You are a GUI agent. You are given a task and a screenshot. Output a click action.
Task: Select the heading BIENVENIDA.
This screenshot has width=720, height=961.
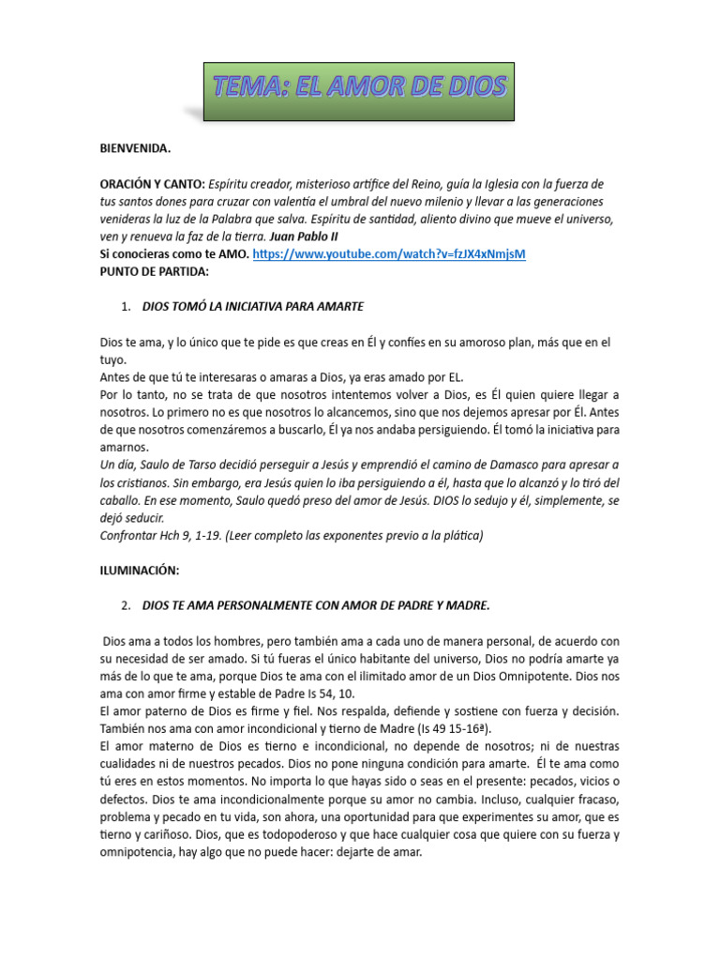pyautogui.click(x=136, y=148)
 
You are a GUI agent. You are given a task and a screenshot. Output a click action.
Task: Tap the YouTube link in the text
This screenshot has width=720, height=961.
pyautogui.click(x=389, y=254)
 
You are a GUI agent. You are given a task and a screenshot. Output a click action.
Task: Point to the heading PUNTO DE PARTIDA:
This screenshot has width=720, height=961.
pyautogui.click(x=155, y=271)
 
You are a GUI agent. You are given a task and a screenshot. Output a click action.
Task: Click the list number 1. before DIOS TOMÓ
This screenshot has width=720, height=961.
pyautogui.click(x=126, y=307)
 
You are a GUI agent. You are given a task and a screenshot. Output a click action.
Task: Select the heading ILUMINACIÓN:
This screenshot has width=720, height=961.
pyautogui.click(x=140, y=570)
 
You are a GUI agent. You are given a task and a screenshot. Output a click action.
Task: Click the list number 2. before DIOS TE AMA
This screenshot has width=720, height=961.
pyautogui.click(x=126, y=605)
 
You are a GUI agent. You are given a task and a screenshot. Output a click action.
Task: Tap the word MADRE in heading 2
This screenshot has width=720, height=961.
pyautogui.click(x=465, y=605)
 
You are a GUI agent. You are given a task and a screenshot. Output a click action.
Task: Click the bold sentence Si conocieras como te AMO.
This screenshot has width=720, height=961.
pyautogui.click(x=174, y=254)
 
